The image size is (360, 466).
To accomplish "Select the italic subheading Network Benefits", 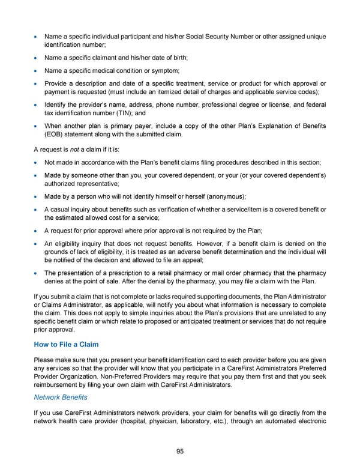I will point(61,397).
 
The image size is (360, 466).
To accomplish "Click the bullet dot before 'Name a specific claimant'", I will point(37,58).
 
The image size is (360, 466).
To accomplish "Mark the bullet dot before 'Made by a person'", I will point(37,196).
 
